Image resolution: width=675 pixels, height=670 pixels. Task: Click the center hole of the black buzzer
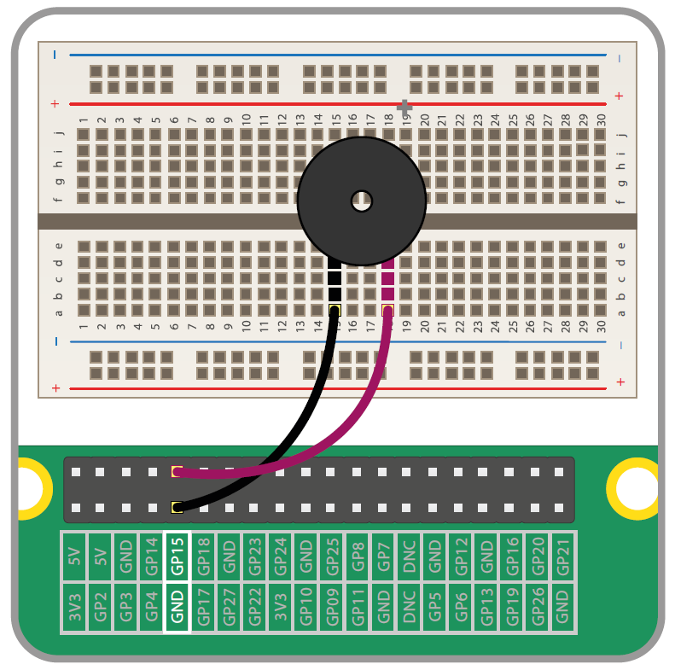362,201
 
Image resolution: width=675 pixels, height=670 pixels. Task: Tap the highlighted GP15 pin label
177,556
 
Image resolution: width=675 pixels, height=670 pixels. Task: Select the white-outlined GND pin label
177,607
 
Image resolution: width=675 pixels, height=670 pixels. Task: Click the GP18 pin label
203,556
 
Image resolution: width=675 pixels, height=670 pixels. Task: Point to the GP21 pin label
562,556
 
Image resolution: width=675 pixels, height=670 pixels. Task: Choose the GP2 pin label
100,607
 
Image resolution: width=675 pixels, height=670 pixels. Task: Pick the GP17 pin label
203,607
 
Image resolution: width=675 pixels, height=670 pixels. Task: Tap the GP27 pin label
229,607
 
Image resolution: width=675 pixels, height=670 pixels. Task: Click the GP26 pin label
537,607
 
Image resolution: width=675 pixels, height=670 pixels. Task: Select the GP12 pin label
461,556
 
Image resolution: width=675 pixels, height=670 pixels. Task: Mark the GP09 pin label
332,607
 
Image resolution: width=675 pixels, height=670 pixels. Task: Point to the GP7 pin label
383,556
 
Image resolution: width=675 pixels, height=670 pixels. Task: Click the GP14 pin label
151,556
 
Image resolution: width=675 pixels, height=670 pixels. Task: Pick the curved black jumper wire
282,444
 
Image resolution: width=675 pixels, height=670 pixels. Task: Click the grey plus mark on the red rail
404,107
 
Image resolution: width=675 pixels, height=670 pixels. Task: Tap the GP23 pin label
254,556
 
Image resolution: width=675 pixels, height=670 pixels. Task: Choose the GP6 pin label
461,607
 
